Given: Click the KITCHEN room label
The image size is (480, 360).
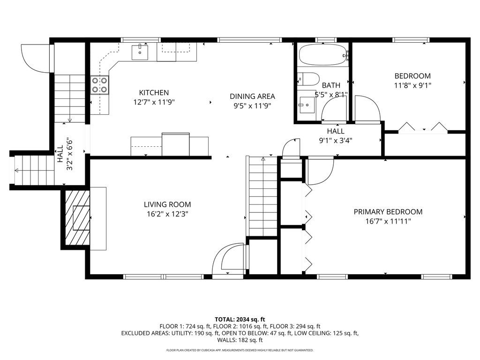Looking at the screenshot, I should (x=154, y=93).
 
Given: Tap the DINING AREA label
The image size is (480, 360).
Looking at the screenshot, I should (x=252, y=97).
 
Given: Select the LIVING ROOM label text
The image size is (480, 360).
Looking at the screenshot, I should (x=167, y=204).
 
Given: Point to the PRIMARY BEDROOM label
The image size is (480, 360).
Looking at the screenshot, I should (x=388, y=212).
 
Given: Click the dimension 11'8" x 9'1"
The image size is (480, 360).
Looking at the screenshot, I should (x=412, y=85).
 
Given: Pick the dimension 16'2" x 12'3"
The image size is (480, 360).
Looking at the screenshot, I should (x=167, y=214).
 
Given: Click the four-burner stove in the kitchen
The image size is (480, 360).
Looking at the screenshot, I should (x=99, y=85).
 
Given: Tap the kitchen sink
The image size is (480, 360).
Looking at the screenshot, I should (x=140, y=52).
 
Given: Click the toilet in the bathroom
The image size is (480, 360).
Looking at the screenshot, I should (x=309, y=78).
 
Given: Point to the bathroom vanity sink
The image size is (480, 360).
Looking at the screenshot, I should (x=307, y=104).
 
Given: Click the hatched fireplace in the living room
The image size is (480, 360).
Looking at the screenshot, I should (x=77, y=218).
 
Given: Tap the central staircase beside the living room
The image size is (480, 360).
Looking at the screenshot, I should (x=262, y=197).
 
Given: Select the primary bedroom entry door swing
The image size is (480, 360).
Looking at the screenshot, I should (x=320, y=171).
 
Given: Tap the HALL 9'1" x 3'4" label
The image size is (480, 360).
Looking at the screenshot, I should (x=336, y=135).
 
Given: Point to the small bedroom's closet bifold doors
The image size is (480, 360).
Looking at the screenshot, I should (x=422, y=128).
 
